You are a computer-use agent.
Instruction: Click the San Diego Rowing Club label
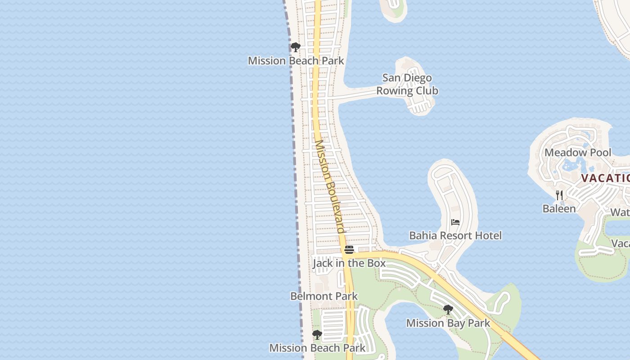(407, 84)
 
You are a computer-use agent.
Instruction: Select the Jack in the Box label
(349, 263)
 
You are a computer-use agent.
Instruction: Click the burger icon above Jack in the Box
(349, 250)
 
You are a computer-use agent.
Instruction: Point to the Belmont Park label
(324, 296)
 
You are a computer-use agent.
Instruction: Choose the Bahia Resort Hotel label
(455, 235)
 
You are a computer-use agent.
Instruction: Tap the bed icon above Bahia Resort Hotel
(455, 222)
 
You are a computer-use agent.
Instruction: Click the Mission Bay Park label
(448, 323)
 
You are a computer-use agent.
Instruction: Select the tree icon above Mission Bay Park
(448, 310)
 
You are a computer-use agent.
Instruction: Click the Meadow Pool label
(578, 153)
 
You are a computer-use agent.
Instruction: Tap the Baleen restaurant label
(559, 209)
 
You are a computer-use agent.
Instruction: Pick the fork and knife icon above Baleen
(559, 195)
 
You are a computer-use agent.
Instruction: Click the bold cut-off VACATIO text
(605, 178)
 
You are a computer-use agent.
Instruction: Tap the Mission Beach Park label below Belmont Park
(317, 348)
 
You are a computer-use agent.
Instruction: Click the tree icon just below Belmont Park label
(317, 335)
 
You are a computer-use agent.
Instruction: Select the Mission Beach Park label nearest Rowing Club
(296, 61)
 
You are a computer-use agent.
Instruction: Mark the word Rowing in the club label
(395, 91)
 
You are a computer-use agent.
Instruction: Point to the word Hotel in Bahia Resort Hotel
(487, 235)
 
